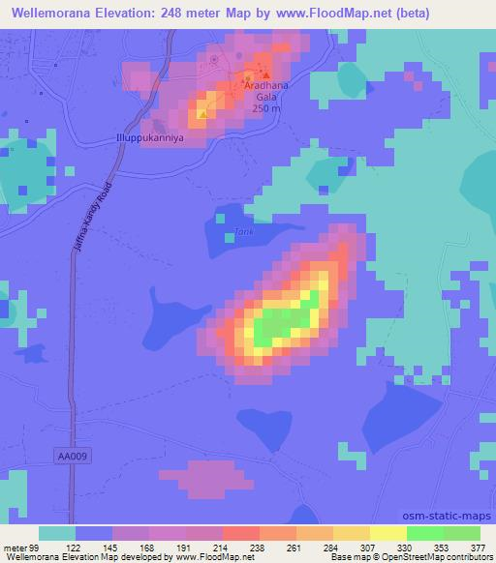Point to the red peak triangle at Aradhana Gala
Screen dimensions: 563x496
[266, 74]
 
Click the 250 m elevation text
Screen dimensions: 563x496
[266, 108]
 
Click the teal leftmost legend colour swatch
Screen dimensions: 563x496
[57, 533]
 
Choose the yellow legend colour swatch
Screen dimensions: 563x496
[388, 533]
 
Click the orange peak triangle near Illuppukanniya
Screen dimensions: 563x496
[201, 114]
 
